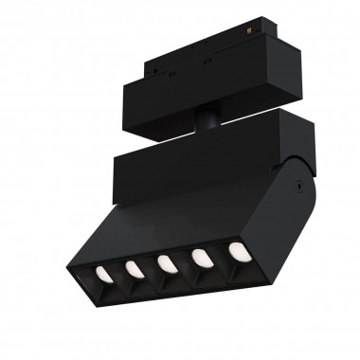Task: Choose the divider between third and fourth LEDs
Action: [x=185, y=261]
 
